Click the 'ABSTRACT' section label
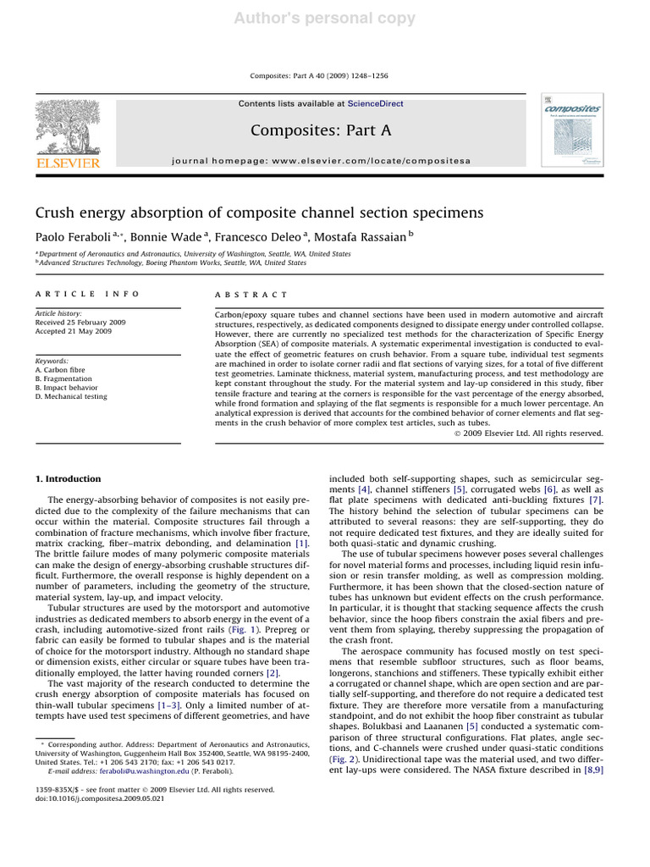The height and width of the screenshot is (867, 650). point(252,295)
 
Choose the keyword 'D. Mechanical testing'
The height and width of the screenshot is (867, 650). point(71,396)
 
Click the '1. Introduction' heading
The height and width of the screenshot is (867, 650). point(68,479)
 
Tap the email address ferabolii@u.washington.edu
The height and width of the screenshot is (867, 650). point(121,772)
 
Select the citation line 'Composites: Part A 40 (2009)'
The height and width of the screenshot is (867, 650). point(320,76)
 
